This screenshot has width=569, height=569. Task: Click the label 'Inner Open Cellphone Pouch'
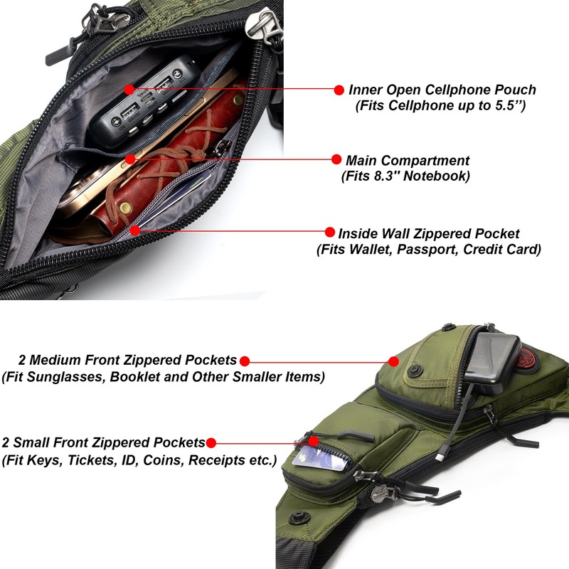(x=442, y=90)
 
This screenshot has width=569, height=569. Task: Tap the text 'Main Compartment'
(x=408, y=160)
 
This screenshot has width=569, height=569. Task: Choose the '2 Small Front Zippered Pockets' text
(x=103, y=442)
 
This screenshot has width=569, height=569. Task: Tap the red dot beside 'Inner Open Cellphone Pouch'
(x=339, y=90)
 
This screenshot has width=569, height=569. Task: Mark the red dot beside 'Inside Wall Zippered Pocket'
(x=330, y=233)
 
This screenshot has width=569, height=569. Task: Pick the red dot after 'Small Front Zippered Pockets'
(x=211, y=442)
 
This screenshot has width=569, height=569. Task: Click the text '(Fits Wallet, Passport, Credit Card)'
(x=429, y=250)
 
